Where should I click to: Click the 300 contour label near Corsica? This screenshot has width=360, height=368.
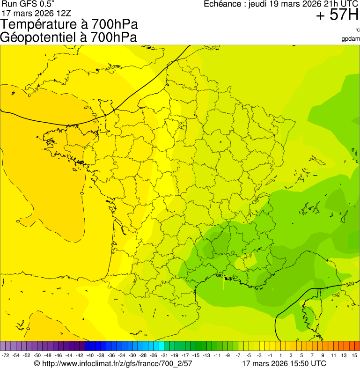350,284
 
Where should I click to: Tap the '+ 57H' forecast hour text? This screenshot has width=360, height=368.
337,15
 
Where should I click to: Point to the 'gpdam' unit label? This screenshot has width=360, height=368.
351,38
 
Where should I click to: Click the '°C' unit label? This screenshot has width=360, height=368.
357,30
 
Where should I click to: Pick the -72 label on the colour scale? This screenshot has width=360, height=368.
6,356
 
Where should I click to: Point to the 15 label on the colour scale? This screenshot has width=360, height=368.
354,356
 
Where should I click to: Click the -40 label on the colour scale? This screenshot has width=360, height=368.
90,356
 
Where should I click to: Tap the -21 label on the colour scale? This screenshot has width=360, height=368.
164,356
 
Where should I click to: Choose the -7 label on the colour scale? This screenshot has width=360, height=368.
238,356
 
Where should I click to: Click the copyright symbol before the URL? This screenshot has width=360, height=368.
37,363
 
